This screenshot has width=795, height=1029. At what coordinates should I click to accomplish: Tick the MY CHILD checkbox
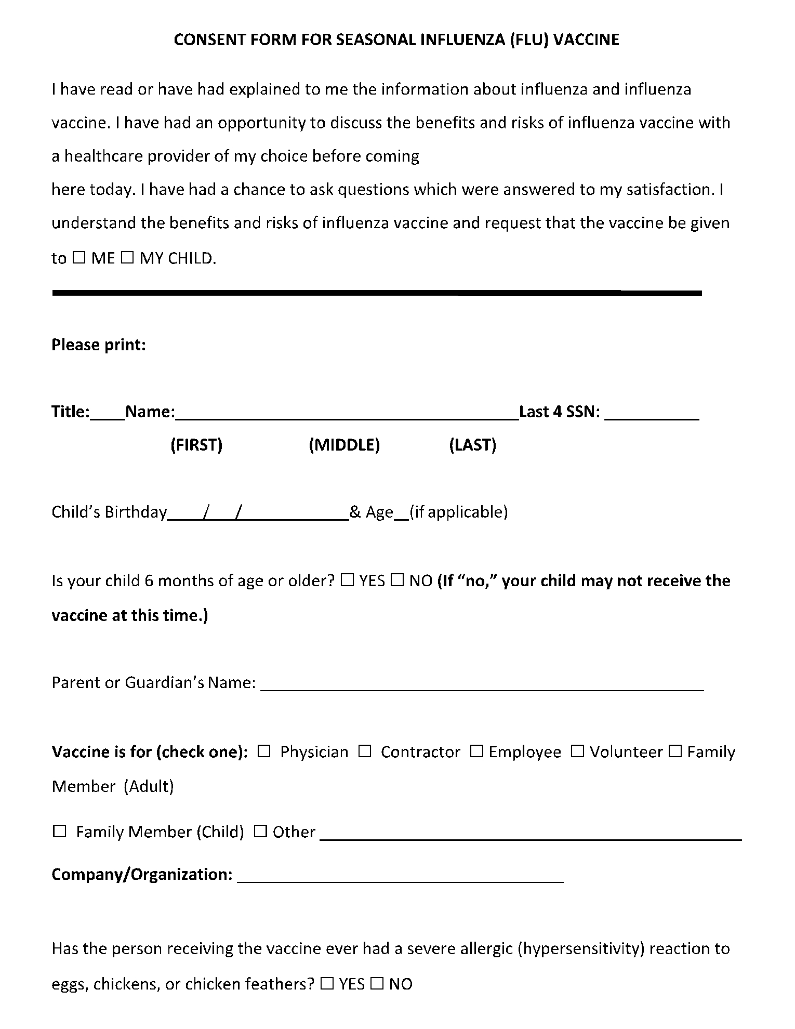[127, 257]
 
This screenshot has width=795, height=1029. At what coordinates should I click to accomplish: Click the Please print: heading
[99, 345]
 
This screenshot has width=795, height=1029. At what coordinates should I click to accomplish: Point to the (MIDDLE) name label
[344, 445]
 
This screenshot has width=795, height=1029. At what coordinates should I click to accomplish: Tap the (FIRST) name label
[196, 445]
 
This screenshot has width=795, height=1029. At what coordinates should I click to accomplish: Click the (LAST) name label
[472, 445]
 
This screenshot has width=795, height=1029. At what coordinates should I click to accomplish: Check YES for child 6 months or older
[347, 580]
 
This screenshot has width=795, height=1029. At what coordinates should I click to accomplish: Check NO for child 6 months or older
[397, 580]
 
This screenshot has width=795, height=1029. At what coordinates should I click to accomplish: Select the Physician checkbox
[264, 751]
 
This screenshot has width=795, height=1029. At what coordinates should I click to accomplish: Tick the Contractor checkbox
[365, 751]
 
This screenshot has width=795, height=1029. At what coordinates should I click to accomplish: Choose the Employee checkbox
[476, 751]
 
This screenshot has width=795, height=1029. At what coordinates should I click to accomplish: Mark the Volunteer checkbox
[577, 751]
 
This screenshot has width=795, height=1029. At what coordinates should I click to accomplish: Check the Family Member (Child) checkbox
[60, 832]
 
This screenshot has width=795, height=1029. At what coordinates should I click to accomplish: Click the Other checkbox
[260, 832]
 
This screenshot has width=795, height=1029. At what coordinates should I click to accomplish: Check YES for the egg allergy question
[327, 983]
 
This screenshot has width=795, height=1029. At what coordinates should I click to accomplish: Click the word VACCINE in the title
[586, 40]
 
